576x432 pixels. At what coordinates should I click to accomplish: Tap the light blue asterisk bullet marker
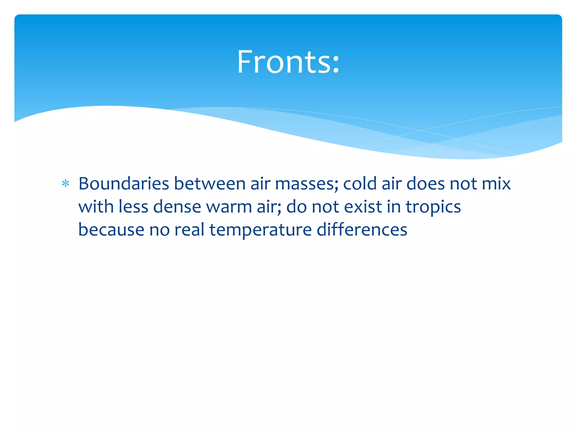tap(66, 184)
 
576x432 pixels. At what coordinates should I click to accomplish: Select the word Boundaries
tap(124, 184)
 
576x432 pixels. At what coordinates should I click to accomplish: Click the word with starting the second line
tap(96, 207)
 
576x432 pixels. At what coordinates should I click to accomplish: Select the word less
tap(133, 207)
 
